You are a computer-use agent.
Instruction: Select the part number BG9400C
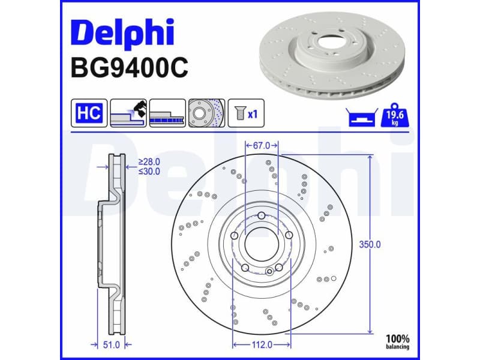coord(129,68)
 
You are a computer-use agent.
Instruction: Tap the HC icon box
coord(89,113)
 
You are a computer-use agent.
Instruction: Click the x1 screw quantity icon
coord(245,113)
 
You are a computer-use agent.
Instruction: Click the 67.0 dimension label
coord(262,146)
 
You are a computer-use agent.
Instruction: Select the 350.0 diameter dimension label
coord(370,244)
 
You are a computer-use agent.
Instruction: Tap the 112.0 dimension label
coord(262,344)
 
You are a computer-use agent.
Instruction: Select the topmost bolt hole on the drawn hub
coord(262,217)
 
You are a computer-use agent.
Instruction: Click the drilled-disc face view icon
coord(206,113)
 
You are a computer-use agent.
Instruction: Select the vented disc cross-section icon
coord(167,113)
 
